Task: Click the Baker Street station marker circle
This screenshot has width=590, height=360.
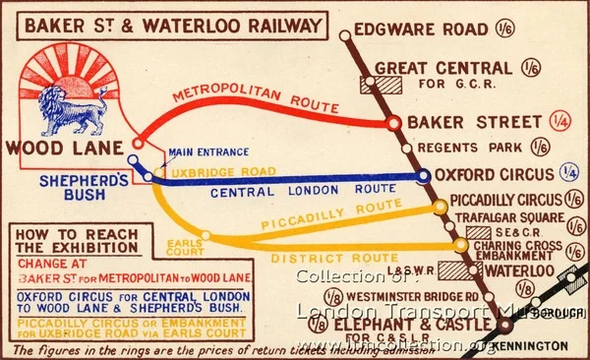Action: [x=393, y=124]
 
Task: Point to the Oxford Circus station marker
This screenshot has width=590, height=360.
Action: [x=423, y=176]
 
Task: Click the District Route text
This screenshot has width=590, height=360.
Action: [x=321, y=259]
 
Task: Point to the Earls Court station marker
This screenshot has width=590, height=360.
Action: [x=206, y=235]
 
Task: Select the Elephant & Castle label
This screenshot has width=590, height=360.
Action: [x=415, y=326]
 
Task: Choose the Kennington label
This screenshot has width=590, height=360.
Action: [x=530, y=346]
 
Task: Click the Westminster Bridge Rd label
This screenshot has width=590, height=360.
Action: [x=413, y=296]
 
